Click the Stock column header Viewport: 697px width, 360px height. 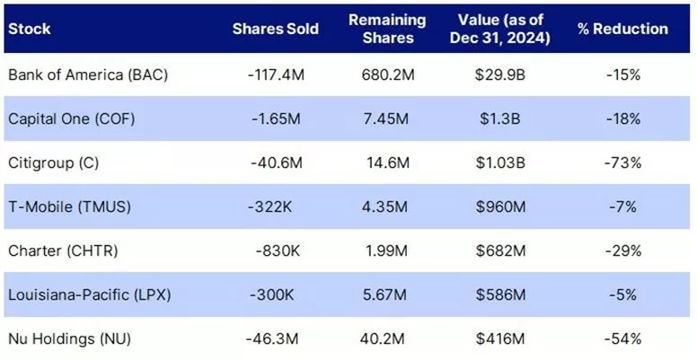click(x=30, y=29)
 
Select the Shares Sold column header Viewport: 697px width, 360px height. click(x=276, y=29)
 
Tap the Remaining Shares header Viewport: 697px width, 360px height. click(x=387, y=29)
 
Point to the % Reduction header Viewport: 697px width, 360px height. click(x=622, y=29)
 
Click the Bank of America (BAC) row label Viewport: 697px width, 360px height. click(x=88, y=75)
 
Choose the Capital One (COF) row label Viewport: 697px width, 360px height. click(x=71, y=119)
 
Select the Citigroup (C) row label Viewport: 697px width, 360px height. click(x=53, y=162)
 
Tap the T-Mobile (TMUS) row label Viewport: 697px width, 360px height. click(x=69, y=206)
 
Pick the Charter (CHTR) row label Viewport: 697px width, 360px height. click(x=63, y=250)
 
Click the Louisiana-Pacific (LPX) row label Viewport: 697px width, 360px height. click(x=89, y=294)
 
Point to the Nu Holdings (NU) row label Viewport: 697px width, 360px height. click(x=69, y=338)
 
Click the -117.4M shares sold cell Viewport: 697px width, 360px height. click(x=276, y=75)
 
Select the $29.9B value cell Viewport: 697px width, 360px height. click(x=500, y=75)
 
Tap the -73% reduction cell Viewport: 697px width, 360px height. click(x=623, y=162)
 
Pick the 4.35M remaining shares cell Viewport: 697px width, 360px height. click(x=385, y=206)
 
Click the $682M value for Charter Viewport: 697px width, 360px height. click(x=500, y=250)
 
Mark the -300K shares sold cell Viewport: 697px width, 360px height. click(x=271, y=294)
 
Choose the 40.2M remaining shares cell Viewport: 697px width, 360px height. click(x=383, y=338)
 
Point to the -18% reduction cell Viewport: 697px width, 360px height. click(x=623, y=119)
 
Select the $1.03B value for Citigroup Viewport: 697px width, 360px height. click(x=500, y=162)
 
